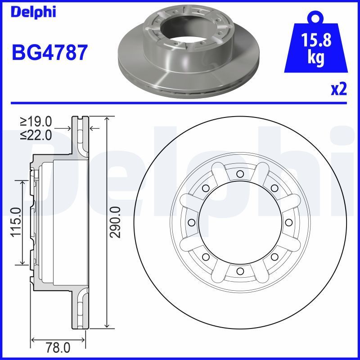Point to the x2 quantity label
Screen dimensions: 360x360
click(x=338, y=90)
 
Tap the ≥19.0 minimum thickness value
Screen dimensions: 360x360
click(x=36, y=121)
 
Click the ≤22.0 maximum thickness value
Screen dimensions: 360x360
click(x=36, y=135)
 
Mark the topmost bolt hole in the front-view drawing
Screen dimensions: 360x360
click(x=239, y=174)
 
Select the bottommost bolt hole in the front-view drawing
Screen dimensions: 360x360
click(x=239, y=270)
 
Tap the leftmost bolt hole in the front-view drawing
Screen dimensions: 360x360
click(x=191, y=222)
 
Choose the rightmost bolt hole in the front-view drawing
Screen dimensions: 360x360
click(x=288, y=222)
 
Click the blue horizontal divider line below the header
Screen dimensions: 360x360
click(x=180, y=103)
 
